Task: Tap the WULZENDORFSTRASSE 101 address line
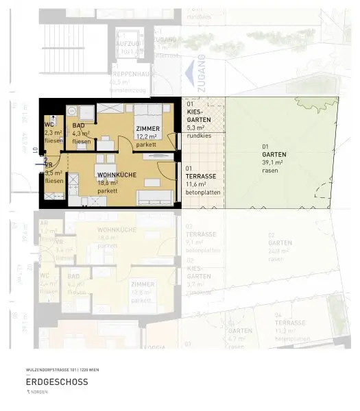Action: click(56, 369)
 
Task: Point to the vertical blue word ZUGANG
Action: click(202, 66)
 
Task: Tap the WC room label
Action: click(49, 125)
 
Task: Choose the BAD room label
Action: click(80, 127)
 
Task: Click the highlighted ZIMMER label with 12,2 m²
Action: click(147, 129)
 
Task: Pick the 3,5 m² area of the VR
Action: click(53, 173)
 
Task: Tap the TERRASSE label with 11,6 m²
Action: click(201, 176)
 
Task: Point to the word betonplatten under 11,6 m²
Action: click(202, 192)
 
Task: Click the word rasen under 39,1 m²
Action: click(269, 171)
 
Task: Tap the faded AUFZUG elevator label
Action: click(127, 42)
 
